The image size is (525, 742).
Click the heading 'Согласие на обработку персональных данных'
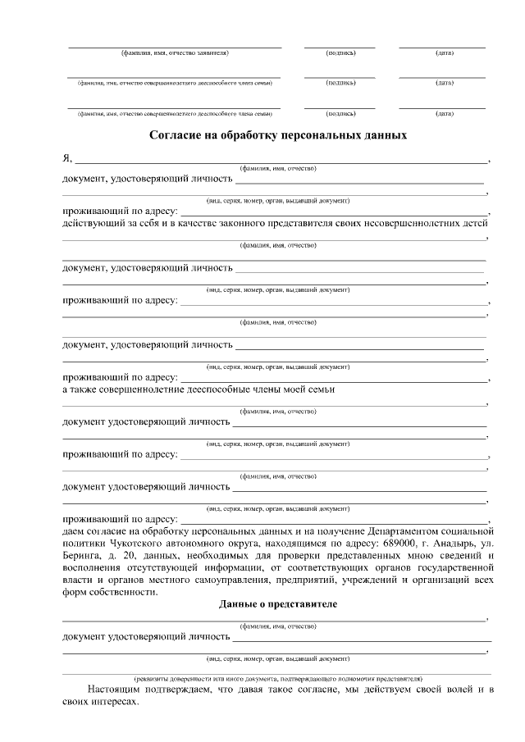click(277, 134)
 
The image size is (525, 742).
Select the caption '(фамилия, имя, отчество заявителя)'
click(174, 52)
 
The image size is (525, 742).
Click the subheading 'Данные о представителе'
click(277, 604)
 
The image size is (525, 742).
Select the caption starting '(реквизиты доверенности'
click(279, 679)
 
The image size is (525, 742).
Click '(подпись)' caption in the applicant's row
click(340, 52)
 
